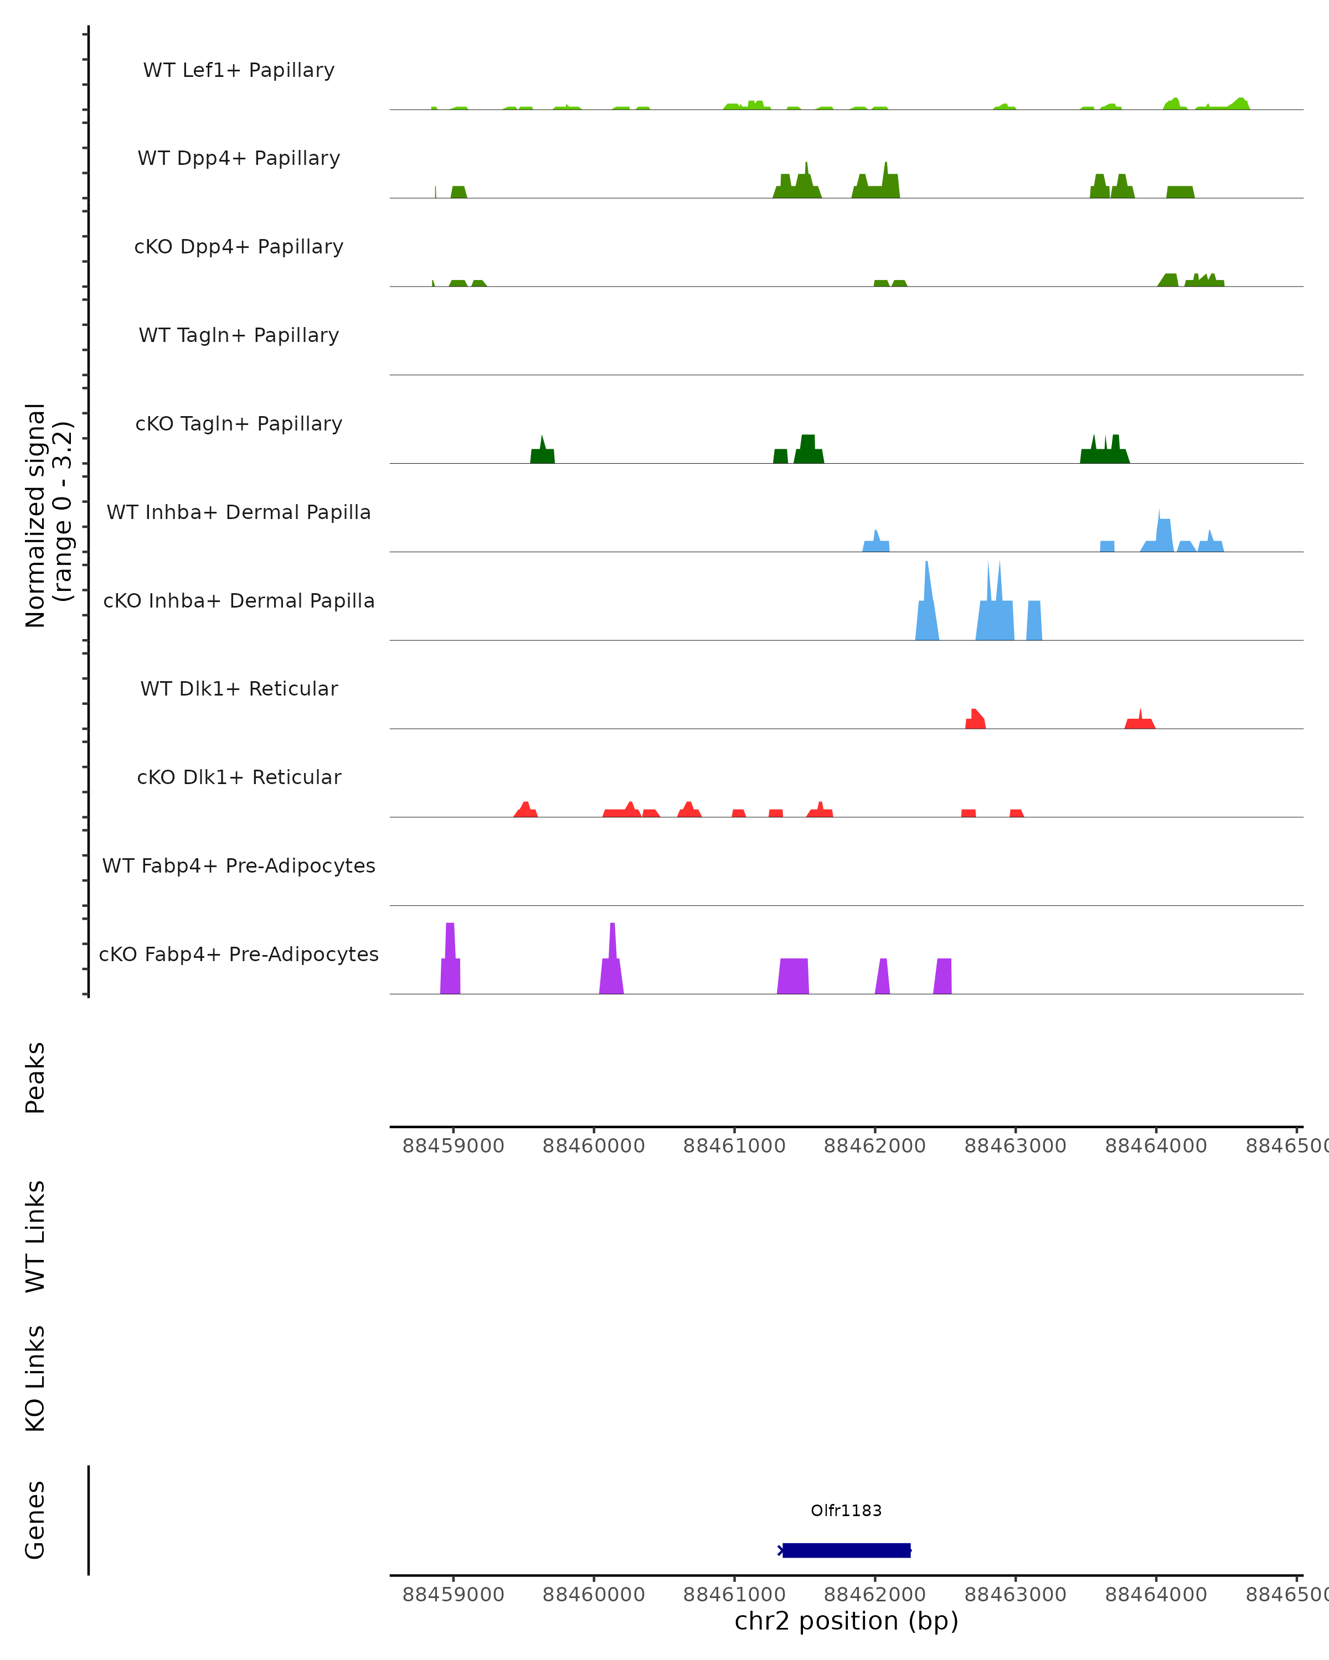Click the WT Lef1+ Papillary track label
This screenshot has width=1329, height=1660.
[239, 70]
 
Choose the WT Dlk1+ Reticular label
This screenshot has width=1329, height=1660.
[239, 688]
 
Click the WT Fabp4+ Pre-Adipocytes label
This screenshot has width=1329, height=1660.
[239, 865]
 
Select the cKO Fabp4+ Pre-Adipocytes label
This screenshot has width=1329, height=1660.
[239, 954]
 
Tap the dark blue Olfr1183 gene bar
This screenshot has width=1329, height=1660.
[846, 1550]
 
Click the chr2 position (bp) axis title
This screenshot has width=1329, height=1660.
[846, 1621]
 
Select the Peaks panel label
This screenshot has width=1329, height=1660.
[35, 1077]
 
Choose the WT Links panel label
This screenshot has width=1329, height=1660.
[35, 1236]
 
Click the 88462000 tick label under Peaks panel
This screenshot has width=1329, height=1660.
[874, 1146]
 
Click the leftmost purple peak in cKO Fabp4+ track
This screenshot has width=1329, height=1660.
[451, 962]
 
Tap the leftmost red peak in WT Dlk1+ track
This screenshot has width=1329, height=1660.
[975, 719]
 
